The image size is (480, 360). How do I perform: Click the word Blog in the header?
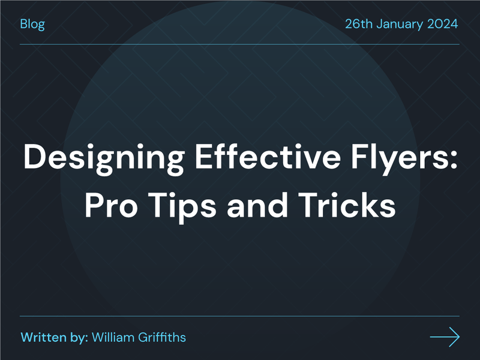coord(32,25)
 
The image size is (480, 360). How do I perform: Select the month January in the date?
coord(402,25)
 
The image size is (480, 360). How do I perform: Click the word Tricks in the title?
coord(348,206)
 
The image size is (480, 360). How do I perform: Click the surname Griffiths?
coord(162,337)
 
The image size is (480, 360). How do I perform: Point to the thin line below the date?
coord(240,44)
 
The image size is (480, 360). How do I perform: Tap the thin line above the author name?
coord(240,316)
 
